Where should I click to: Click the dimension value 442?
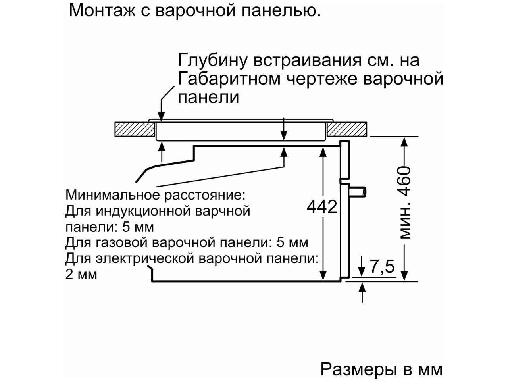point(322,207)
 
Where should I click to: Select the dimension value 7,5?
point(382,267)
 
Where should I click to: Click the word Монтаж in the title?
point(102,10)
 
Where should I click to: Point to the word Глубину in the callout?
point(212,61)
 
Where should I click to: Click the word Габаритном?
point(229,79)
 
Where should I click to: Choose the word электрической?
point(145,259)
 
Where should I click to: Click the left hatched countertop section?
point(135,129)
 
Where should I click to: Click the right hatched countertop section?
point(347,129)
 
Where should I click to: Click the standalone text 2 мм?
point(81,275)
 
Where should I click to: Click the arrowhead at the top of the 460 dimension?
point(404,142)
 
